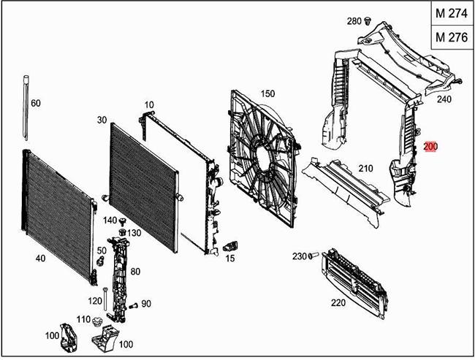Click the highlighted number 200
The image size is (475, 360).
click(x=430, y=147)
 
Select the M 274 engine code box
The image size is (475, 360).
click(x=452, y=13)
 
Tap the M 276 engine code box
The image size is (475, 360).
click(x=452, y=37)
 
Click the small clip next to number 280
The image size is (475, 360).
click(x=368, y=21)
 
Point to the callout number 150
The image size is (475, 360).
click(x=267, y=94)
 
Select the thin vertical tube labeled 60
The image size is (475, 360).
click(x=26, y=108)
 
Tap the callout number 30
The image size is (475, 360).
click(x=102, y=120)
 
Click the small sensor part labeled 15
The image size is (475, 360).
click(x=230, y=246)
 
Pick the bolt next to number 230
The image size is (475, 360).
click(x=313, y=256)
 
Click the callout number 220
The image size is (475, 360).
click(x=338, y=302)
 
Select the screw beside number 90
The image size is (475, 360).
click(x=133, y=306)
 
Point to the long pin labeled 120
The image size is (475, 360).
click(x=105, y=299)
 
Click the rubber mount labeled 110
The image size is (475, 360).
click(x=97, y=321)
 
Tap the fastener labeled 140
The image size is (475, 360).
click(x=123, y=221)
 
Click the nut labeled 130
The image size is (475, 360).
click(x=122, y=233)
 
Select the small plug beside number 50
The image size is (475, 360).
click(x=100, y=261)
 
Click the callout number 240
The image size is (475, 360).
click(x=444, y=99)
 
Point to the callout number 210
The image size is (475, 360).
click(x=365, y=169)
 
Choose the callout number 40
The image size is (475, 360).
click(x=41, y=258)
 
